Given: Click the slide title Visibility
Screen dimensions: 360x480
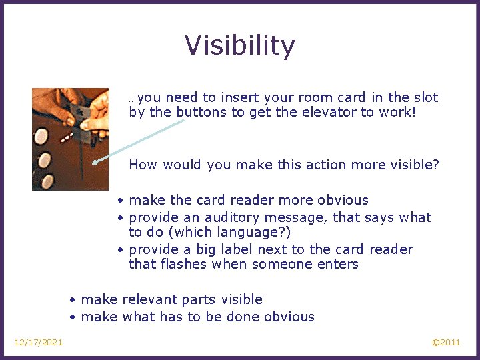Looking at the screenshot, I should tap(240, 46).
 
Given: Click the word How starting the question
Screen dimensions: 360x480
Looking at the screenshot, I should tap(143, 165).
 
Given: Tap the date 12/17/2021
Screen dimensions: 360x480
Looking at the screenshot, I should tap(39, 343).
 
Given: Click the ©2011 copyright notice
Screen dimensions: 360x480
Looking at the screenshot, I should tap(446, 343).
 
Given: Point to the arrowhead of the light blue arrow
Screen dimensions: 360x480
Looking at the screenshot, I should tap(95, 161).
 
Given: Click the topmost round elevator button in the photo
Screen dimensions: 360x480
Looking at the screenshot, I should tap(41, 137).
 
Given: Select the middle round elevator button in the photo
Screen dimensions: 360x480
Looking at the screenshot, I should tap(44, 159).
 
